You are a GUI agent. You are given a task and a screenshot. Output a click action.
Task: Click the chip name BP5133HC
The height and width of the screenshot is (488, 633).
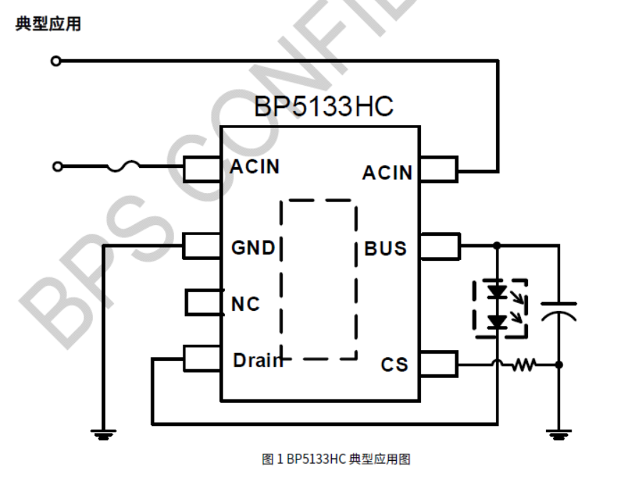tap(323, 107)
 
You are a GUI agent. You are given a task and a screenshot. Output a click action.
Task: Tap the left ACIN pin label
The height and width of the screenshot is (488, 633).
tap(255, 166)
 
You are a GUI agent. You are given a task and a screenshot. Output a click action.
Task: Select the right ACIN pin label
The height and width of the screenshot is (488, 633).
tap(387, 173)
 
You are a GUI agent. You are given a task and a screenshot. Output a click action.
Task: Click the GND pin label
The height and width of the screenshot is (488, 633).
tap(253, 248)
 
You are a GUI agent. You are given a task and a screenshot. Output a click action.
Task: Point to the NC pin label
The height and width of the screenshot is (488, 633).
tap(245, 304)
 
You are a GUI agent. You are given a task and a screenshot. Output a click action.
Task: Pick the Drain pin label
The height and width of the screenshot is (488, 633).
tap(257, 360)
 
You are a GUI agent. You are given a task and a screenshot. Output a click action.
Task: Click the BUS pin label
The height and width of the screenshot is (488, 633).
tap(385, 248)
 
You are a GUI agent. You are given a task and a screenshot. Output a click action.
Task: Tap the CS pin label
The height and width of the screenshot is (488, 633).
tap(394, 364)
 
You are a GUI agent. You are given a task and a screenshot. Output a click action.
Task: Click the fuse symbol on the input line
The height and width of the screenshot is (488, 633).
tap(123, 167)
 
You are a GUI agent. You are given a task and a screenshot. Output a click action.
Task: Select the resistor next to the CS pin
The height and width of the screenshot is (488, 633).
tap(523, 365)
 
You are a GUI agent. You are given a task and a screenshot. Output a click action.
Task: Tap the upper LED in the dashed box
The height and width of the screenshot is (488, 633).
tap(497, 292)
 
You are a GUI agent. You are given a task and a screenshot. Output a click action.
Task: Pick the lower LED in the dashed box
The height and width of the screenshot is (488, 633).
tap(497, 322)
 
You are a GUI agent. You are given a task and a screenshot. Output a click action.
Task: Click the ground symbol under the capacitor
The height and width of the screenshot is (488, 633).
tap(559, 433)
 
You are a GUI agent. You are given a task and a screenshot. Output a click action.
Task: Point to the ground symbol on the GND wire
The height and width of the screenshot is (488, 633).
tap(104, 433)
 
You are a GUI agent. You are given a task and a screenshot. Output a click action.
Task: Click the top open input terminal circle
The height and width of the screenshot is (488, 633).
tap(56, 61)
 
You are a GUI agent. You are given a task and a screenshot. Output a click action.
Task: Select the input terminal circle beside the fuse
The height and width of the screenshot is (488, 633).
tap(57, 167)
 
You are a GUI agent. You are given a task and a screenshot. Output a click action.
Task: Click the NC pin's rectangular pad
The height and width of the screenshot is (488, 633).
tap(203, 303)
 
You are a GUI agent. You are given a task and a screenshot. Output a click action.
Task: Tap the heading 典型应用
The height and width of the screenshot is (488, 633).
tap(48, 24)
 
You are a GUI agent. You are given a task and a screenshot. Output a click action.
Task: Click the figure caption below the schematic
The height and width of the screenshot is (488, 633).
tap(336, 459)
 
